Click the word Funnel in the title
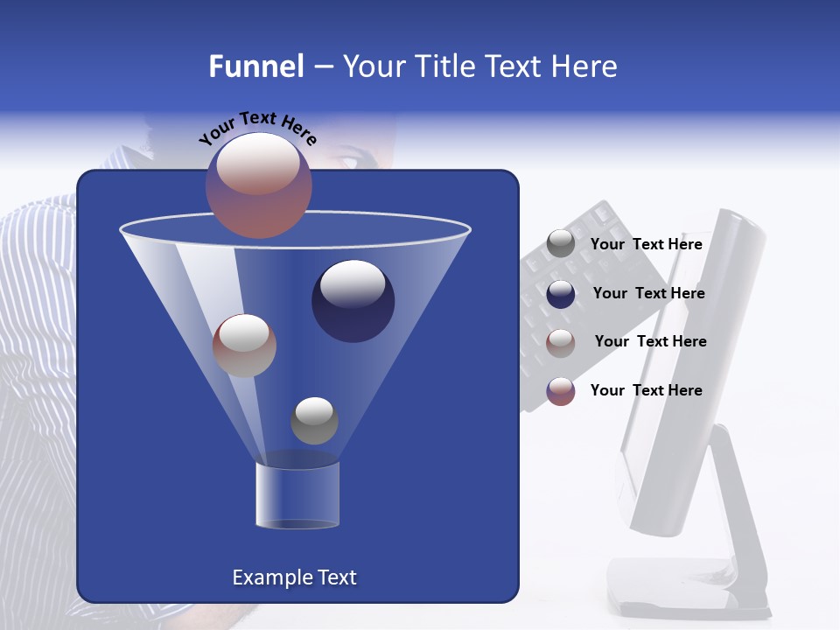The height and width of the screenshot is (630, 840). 255,66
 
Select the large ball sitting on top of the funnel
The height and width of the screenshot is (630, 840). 258,185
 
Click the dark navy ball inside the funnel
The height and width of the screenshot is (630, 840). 353,300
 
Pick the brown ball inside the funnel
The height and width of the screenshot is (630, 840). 244,346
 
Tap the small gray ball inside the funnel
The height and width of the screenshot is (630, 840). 314,421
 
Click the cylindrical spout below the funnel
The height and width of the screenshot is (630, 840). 297,495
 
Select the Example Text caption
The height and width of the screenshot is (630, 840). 294,577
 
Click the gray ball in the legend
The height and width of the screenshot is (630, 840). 561,244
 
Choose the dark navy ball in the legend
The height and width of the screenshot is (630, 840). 561,294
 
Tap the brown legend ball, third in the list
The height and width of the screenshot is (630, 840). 561,343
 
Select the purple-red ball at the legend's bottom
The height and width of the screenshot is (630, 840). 561,391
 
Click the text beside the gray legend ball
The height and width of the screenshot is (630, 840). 646,245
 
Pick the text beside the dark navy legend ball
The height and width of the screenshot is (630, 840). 648,294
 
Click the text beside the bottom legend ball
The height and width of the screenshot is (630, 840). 646,390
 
